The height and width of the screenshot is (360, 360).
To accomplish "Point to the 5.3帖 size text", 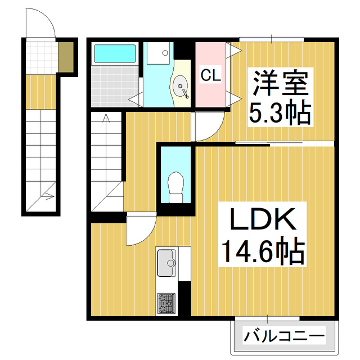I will (x=280, y=114).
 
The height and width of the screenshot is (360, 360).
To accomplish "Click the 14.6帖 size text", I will (x=262, y=253).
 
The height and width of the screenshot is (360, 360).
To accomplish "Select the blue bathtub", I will (x=115, y=54).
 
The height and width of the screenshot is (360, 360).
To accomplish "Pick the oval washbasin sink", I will (x=181, y=88).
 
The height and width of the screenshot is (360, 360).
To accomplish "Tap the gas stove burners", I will (x=166, y=304).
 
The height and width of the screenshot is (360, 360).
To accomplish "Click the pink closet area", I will (x=210, y=90).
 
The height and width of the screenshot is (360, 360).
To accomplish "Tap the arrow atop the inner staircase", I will (x=106, y=119).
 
